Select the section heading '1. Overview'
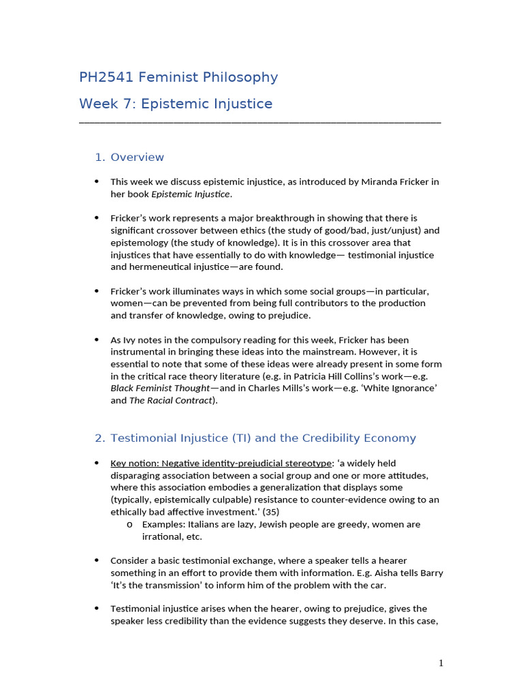tap(129, 157)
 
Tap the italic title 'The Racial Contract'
tap(170, 401)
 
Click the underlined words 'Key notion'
tap(135, 464)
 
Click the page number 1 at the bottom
tap(441, 663)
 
